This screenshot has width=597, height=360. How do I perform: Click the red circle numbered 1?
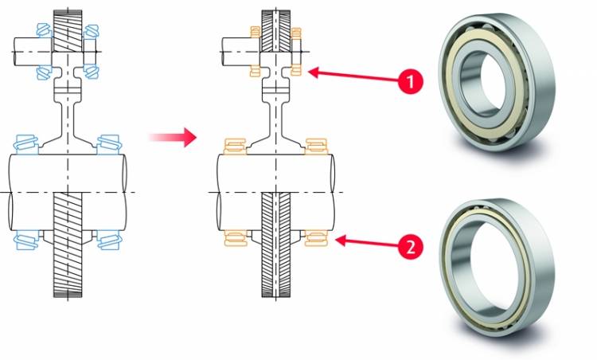410,81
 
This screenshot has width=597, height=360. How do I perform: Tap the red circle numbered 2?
410,247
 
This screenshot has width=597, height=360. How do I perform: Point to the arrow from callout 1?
353,76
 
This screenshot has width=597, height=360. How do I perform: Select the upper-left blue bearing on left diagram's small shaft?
44,30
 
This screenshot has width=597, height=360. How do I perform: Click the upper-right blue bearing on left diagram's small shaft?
92,32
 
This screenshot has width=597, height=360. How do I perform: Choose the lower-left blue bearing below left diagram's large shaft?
26,240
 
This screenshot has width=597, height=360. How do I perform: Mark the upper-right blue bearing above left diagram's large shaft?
109,144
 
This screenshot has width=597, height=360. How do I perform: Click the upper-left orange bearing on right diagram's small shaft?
255,32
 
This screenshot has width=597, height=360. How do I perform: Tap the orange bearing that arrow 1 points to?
296,70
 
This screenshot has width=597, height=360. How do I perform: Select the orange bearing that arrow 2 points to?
316,238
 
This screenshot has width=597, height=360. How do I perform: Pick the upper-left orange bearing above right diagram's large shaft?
235,147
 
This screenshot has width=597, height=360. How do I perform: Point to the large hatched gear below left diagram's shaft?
68,245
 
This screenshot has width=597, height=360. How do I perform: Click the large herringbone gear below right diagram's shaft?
276,245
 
